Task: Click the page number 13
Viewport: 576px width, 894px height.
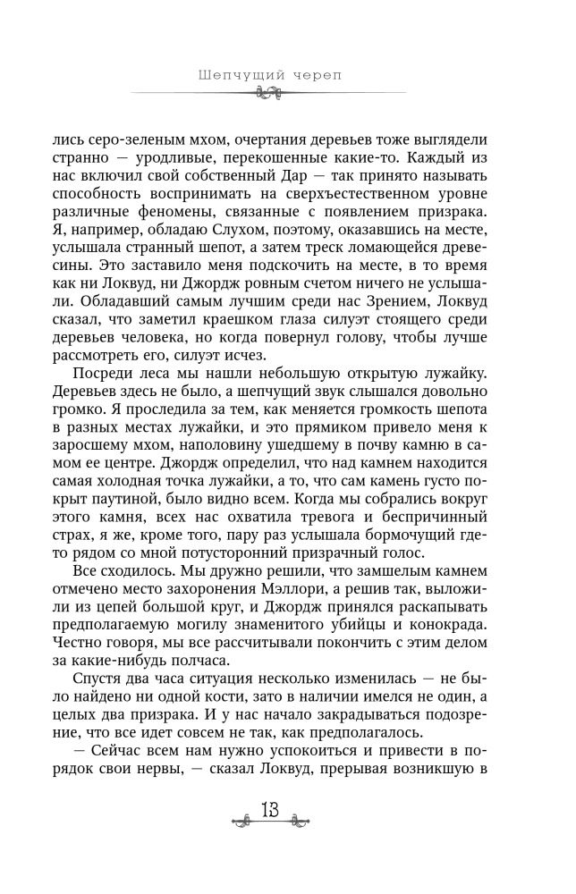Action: pos(269,810)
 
